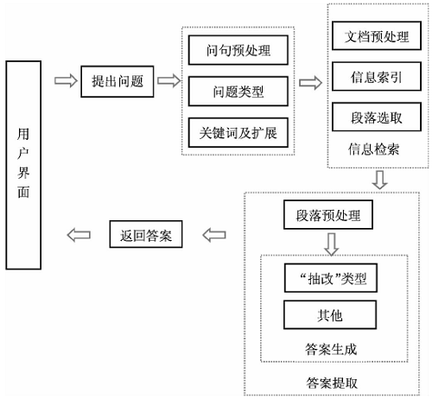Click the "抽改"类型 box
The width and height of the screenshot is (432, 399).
331,278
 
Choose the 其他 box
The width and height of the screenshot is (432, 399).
331,314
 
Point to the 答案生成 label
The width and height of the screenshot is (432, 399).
331,350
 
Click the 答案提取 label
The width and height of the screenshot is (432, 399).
331,381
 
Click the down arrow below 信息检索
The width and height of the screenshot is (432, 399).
378,180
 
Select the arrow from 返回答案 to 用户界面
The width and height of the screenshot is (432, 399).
79,234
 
